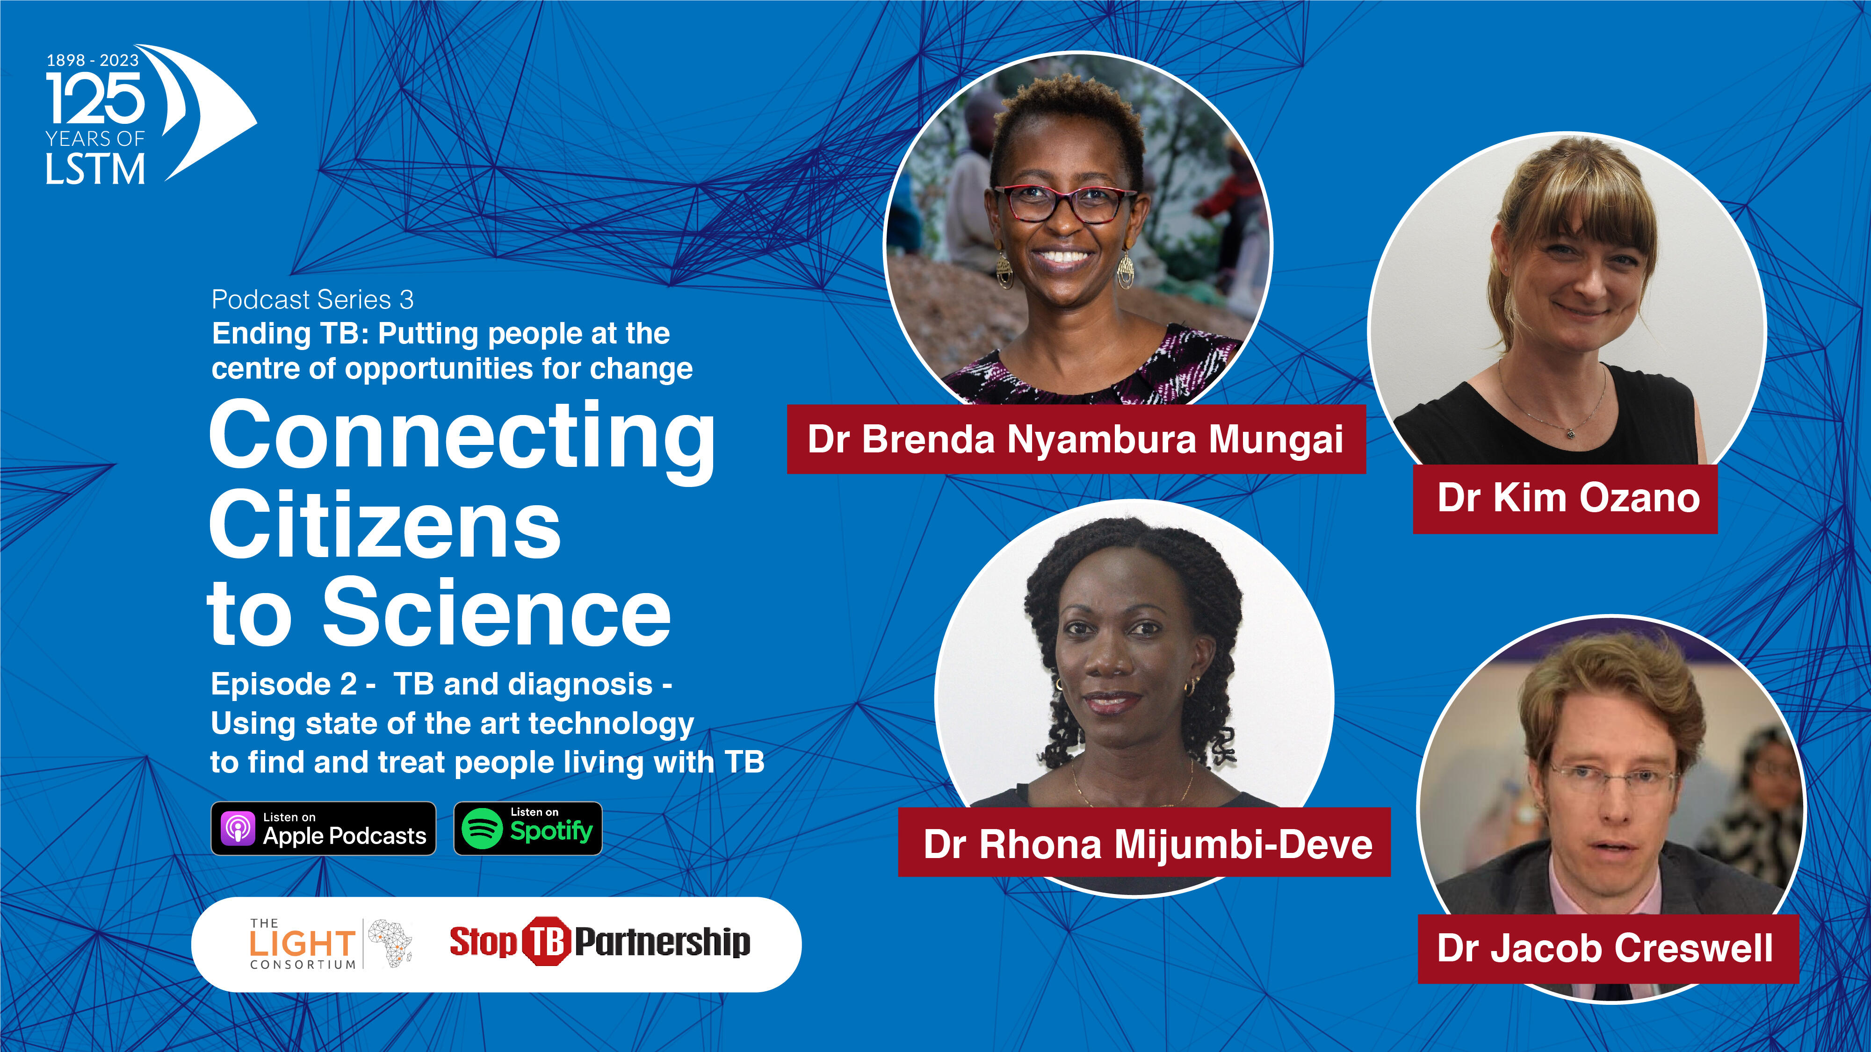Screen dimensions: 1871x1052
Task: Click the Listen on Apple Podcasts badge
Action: (x=323, y=829)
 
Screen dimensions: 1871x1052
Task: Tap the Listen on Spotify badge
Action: (x=528, y=829)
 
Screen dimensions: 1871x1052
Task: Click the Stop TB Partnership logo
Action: (x=600, y=942)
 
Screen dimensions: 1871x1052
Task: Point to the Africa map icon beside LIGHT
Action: (x=391, y=943)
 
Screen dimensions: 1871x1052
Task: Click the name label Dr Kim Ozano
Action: (x=1565, y=499)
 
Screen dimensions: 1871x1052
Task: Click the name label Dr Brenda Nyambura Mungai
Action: (x=1076, y=439)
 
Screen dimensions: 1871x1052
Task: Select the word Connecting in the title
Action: (x=462, y=440)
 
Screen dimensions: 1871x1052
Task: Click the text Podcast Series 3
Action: (x=312, y=299)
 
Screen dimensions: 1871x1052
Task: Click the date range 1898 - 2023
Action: (x=92, y=60)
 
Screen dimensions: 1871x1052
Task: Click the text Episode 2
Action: (x=283, y=684)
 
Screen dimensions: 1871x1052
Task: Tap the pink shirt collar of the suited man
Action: (x=1606, y=892)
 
